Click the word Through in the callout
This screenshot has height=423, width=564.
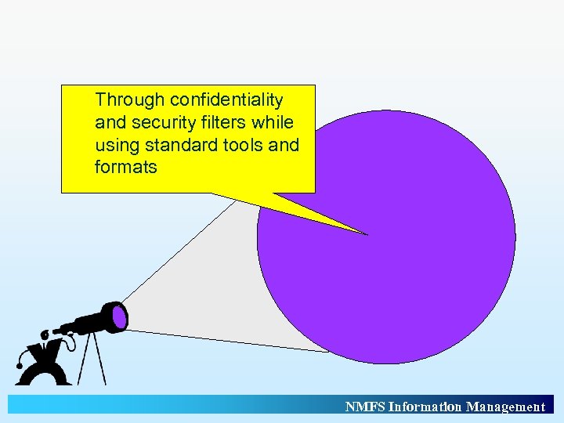tap(129, 100)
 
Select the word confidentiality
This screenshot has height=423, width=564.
tap(226, 100)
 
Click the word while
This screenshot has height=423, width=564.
tap(274, 123)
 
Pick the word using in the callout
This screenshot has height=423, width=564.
tap(117, 146)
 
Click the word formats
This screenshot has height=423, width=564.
tap(125, 168)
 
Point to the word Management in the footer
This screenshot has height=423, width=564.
tap(505, 407)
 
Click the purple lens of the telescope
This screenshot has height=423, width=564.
tap(119, 317)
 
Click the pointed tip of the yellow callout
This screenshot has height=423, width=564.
tap(365, 233)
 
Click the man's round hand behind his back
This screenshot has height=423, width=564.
tap(20, 364)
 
